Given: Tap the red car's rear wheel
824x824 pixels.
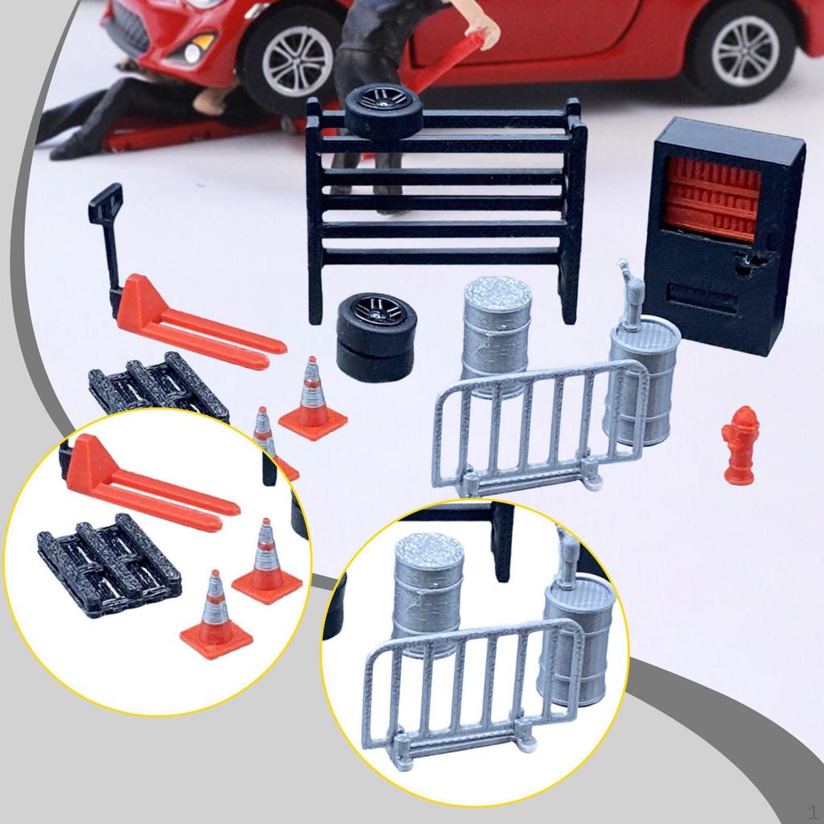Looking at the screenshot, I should [x=744, y=51].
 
